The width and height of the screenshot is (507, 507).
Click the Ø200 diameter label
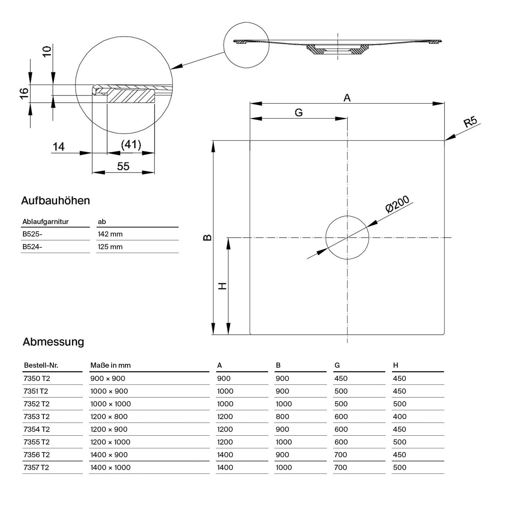pyautogui.click(x=397, y=204)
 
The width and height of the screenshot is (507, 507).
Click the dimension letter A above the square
pyautogui.click(x=347, y=98)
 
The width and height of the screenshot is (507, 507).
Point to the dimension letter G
pyautogui.click(x=298, y=113)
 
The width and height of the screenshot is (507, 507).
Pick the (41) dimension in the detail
pyautogui.click(x=131, y=145)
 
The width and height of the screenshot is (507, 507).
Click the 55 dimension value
pyautogui.click(x=123, y=166)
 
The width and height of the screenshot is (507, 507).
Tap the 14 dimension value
pyautogui.click(x=58, y=147)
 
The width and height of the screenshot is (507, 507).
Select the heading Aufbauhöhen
pyautogui.click(x=55, y=200)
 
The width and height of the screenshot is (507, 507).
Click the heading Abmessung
pyautogui.click(x=53, y=342)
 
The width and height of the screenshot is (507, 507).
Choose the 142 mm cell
pyautogui.click(x=110, y=234)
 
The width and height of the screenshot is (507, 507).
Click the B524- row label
pyautogui.click(x=32, y=247)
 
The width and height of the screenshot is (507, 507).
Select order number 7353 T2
pyautogui.click(x=37, y=416)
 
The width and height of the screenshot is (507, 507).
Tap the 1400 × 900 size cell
pyautogui.click(x=109, y=455)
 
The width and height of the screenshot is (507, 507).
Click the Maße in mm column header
pyautogui.click(x=111, y=365)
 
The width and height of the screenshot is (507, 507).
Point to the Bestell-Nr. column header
pyautogui.click(x=41, y=365)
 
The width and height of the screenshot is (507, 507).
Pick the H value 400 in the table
pyautogui.click(x=400, y=416)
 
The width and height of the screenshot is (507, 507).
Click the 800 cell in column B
pyautogui.click(x=282, y=416)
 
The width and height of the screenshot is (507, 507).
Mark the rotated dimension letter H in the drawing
pyautogui.click(x=222, y=286)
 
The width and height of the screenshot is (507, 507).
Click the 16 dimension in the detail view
pyautogui.click(x=24, y=93)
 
